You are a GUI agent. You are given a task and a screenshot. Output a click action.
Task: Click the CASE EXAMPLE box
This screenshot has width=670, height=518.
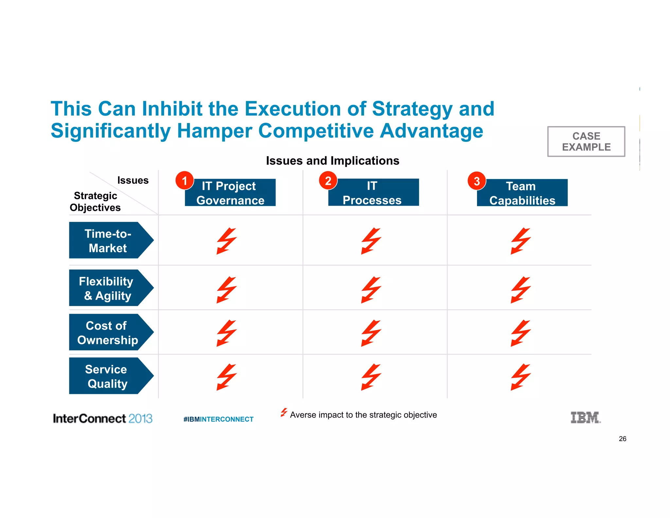(x=586, y=141)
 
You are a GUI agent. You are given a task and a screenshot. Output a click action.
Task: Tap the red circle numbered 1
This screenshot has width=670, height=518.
(x=185, y=180)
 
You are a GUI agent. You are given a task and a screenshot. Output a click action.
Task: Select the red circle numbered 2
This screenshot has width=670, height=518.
(x=328, y=180)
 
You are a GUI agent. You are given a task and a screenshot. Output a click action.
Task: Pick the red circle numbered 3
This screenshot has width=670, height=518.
(x=477, y=181)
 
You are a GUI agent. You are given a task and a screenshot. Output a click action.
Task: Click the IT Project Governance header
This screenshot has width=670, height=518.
(x=230, y=193)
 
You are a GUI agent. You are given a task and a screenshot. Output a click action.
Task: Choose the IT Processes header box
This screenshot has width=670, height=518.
(x=373, y=193)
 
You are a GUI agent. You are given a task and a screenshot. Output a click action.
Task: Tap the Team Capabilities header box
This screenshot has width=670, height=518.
(x=522, y=193)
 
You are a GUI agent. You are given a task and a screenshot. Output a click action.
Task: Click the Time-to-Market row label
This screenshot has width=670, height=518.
(x=108, y=240)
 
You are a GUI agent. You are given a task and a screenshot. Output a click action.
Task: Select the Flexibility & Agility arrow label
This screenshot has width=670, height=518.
(x=108, y=288)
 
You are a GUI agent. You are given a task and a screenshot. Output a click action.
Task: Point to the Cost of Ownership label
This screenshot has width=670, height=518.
(x=108, y=332)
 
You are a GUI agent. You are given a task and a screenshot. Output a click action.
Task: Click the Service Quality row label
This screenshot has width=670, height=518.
(x=108, y=376)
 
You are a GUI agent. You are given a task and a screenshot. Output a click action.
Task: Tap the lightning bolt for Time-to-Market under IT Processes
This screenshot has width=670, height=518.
(x=371, y=241)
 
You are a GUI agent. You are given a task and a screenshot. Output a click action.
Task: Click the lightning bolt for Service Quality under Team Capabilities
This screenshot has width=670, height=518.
(x=520, y=377)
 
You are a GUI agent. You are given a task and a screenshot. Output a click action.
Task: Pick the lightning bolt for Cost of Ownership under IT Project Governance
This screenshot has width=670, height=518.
(x=226, y=333)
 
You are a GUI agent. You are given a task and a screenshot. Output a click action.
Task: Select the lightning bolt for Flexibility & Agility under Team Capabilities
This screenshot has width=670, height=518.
(x=520, y=289)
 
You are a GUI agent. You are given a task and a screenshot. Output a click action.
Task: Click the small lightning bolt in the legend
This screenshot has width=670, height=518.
(x=284, y=412)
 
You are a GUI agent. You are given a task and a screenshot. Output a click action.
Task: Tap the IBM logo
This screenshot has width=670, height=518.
(x=585, y=417)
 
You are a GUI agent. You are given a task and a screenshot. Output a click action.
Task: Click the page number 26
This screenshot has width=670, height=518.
(x=622, y=439)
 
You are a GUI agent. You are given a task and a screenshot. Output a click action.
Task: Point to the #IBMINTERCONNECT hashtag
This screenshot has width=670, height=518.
(x=218, y=419)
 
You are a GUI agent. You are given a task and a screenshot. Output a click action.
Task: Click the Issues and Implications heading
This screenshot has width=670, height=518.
(x=332, y=161)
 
